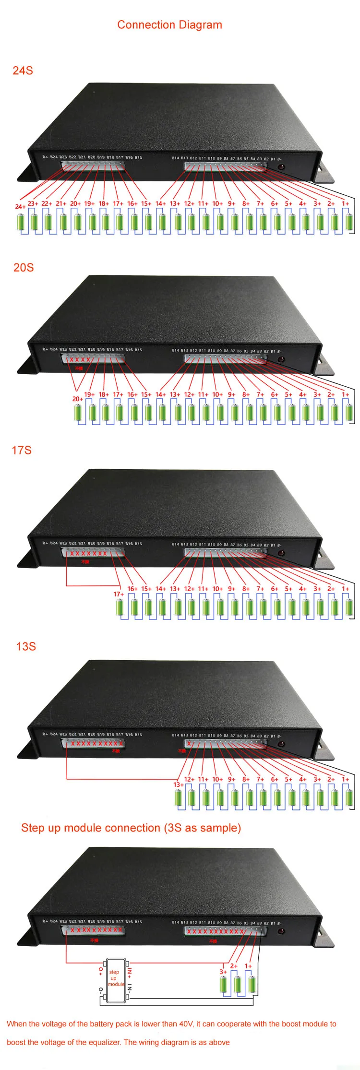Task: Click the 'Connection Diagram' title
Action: (169, 25)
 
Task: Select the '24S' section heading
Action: (23, 71)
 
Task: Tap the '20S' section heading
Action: (24, 268)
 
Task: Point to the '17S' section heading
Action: (22, 450)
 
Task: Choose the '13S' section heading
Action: (26, 646)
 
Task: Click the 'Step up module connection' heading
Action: (131, 828)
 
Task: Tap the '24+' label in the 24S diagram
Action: (20, 207)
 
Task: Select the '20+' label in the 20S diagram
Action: (77, 399)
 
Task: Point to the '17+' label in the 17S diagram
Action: (119, 594)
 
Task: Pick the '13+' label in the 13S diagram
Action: (178, 785)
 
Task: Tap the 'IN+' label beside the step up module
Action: (130, 973)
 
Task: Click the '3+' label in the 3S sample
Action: (223, 972)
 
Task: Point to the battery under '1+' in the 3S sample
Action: (252, 984)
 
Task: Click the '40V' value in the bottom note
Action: (186, 1024)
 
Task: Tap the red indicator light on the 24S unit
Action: (281, 167)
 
